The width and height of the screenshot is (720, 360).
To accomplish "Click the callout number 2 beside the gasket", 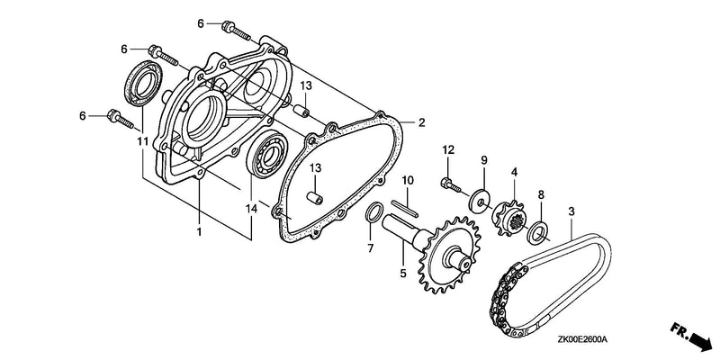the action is [421, 122].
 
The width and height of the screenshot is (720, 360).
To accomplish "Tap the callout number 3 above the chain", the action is [571, 211].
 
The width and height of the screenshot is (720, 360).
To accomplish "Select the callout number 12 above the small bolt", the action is [448, 149].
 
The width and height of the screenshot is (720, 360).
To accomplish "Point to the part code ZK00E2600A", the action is [582, 340].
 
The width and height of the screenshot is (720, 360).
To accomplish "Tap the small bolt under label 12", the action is [451, 184].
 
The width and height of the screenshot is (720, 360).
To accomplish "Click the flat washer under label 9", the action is [478, 199].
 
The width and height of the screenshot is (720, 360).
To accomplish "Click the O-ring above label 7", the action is [373, 212].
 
